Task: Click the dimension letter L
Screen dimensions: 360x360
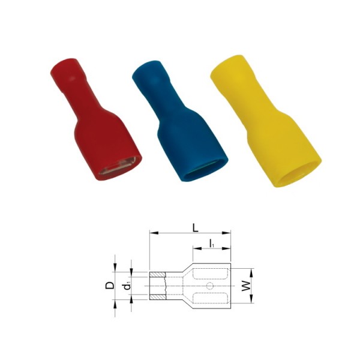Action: pos(195,228)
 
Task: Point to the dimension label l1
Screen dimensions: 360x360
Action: pos(212,244)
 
